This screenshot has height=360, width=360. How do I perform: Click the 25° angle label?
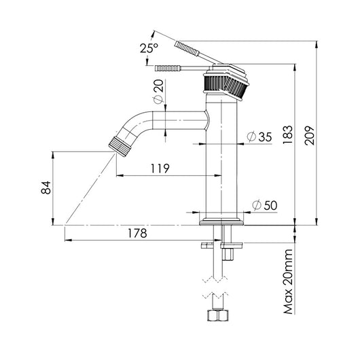point(149,48)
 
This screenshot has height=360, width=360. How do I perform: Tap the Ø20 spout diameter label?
point(158,92)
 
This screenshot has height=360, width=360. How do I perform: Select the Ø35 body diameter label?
point(259,137)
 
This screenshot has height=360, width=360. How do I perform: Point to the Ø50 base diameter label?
point(264,205)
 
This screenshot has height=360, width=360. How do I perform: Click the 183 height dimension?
point(288,134)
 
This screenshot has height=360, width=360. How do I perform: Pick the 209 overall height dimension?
point(309,135)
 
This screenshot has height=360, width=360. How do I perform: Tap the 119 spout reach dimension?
point(160,168)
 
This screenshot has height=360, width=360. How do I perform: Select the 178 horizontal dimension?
point(137,233)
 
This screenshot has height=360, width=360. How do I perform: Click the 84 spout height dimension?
point(46,187)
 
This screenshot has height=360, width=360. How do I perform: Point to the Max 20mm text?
point(288,282)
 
